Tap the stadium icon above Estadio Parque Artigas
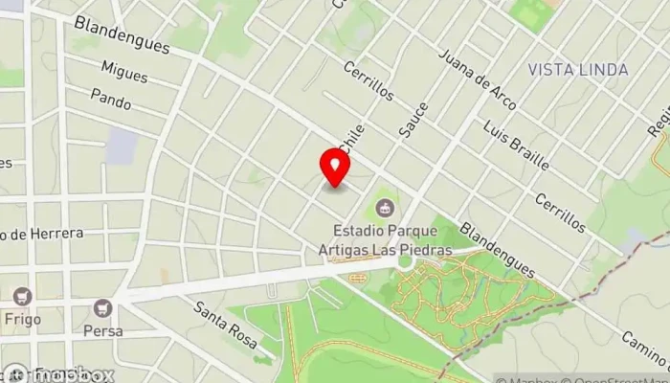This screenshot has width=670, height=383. [385, 206]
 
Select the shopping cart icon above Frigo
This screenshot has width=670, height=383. [22, 297]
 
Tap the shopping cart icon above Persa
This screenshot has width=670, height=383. [102, 308]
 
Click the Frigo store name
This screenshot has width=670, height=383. [22, 319]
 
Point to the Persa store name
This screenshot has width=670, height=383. [102, 330]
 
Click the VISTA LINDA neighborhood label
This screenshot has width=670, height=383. [577, 70]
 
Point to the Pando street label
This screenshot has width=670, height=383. [110, 97]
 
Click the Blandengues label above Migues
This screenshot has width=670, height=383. [121, 34]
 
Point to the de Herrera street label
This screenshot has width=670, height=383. [43, 233]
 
